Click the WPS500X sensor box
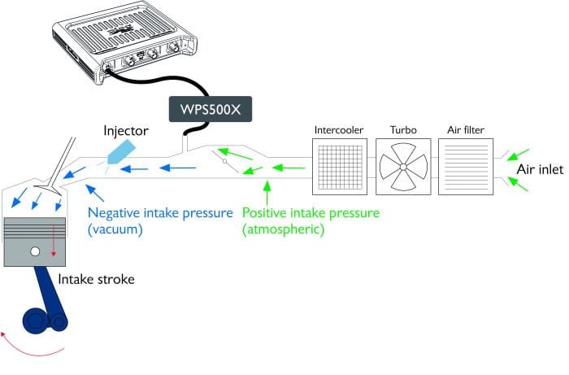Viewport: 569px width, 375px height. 211,109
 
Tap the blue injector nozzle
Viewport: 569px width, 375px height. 122,154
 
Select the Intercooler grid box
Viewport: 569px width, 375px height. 340,167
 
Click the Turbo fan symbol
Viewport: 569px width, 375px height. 403,167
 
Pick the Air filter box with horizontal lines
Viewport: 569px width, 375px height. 466,167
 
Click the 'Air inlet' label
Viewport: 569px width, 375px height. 540,169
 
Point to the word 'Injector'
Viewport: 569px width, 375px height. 126,131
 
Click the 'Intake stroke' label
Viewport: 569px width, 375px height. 96,279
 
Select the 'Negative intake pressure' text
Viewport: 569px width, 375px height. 160,213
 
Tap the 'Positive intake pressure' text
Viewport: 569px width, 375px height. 311,213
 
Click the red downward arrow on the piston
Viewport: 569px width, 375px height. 54,241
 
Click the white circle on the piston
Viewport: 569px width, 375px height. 35,251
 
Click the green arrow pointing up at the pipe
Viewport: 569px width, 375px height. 267,193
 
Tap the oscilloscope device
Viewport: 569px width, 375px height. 125,41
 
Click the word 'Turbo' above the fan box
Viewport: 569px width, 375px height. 403,130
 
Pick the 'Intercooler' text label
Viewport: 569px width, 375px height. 339,130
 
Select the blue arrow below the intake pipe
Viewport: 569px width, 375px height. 95,193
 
